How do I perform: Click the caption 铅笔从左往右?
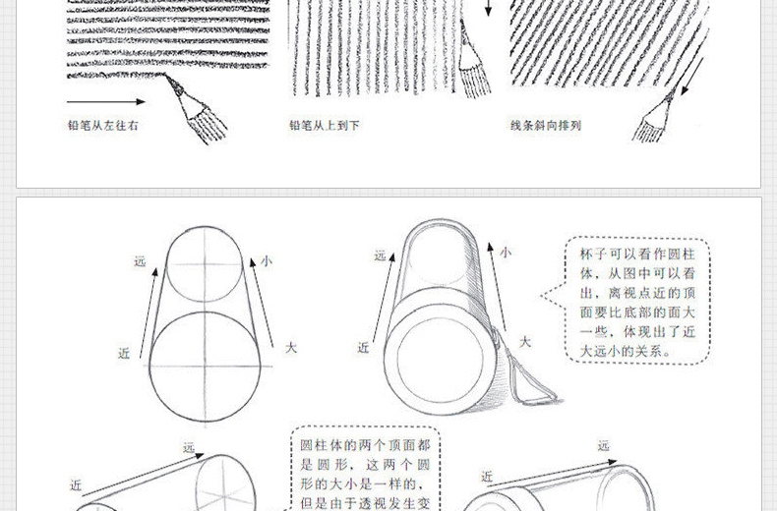102,126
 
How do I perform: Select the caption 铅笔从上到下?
325,126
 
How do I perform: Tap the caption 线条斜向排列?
546,126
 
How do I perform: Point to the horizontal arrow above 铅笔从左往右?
105,101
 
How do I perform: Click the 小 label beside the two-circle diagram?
266,261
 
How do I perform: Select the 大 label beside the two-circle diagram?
290,348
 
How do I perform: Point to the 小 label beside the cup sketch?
505,253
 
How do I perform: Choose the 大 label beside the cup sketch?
525,342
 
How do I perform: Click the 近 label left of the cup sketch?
364,348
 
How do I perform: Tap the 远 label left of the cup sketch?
380,256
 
